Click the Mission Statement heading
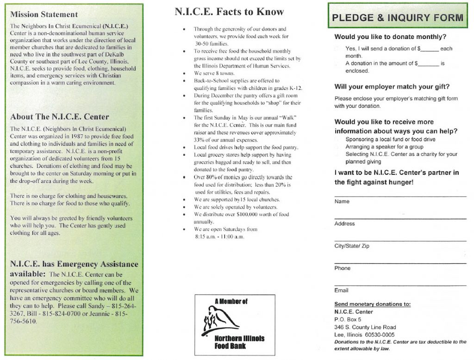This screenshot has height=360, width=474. pyautogui.click(x=44, y=14)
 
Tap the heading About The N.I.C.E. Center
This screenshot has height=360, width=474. pyautogui.click(x=60, y=117)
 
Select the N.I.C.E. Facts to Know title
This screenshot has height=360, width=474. pyautogui.click(x=229, y=12)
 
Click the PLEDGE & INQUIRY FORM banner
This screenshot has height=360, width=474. pyautogui.click(x=398, y=18)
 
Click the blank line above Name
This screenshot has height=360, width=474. pyautogui.click(x=400, y=196)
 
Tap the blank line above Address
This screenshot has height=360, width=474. pyautogui.click(x=400, y=218)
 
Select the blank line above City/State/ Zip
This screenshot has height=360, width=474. pyautogui.click(x=400, y=241)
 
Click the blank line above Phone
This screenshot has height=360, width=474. pyautogui.click(x=400, y=263)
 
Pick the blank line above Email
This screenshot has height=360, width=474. pyautogui.click(x=400, y=285)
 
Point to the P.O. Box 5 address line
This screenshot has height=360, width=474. pyautogui.click(x=348, y=319)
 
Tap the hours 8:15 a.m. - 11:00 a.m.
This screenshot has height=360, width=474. pyautogui.click(x=219, y=236)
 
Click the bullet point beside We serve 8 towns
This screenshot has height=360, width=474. pyautogui.click(x=185, y=74)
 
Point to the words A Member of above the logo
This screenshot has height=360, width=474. pyautogui.click(x=231, y=301)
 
